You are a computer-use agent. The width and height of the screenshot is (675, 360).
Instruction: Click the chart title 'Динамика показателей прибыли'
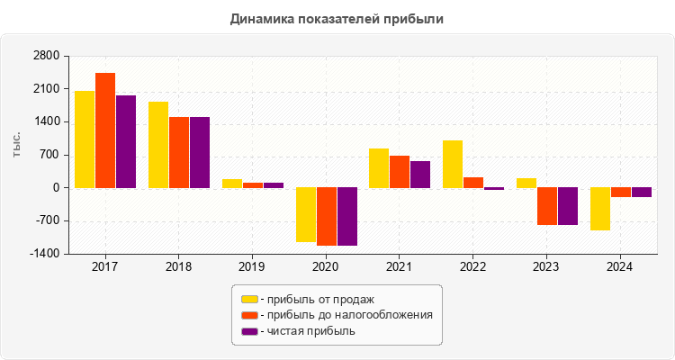click(x=337, y=18)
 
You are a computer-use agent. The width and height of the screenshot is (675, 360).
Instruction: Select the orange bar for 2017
click(x=105, y=130)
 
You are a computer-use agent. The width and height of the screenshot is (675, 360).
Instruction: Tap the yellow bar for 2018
click(x=158, y=145)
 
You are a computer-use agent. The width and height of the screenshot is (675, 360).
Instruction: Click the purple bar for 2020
click(x=346, y=216)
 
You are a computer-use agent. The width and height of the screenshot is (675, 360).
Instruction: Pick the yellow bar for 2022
click(x=453, y=164)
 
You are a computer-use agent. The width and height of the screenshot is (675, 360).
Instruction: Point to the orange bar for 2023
click(x=547, y=206)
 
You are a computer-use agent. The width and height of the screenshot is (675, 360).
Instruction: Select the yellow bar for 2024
click(x=600, y=209)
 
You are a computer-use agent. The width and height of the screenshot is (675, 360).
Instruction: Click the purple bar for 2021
click(x=420, y=175)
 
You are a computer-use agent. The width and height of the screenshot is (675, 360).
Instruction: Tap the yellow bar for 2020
click(x=305, y=214)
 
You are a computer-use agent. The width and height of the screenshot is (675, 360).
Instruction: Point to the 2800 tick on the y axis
click(x=47, y=56)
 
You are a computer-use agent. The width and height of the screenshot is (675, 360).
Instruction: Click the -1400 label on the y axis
click(x=45, y=254)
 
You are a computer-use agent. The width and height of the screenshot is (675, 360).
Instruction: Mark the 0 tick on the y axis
click(x=55, y=188)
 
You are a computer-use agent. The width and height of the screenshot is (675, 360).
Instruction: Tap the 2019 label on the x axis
click(x=252, y=267)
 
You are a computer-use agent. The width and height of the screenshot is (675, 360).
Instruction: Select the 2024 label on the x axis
click(x=620, y=267)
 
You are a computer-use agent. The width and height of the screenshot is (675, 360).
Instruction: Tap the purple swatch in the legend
click(x=249, y=331)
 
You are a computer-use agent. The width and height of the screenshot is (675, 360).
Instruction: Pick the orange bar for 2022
click(x=473, y=183)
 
